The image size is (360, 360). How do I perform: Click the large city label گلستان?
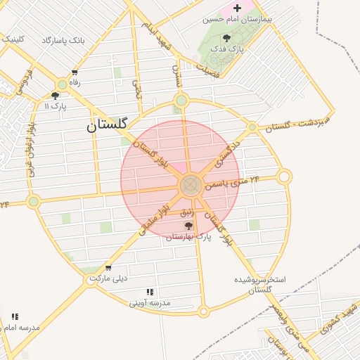(x=107, y=125)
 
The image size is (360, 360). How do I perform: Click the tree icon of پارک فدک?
(x=226, y=39)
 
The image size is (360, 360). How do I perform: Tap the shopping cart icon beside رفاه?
(x=75, y=72)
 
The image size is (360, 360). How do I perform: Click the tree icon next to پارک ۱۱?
(x=56, y=96)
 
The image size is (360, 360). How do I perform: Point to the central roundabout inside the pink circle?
(x=191, y=186)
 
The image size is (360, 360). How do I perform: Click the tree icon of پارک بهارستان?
(x=188, y=226)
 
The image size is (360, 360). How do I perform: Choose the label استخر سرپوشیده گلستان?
(x=260, y=284)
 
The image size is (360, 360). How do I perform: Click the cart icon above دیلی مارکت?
(x=108, y=268)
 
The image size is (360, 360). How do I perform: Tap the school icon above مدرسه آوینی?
(x=149, y=292)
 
